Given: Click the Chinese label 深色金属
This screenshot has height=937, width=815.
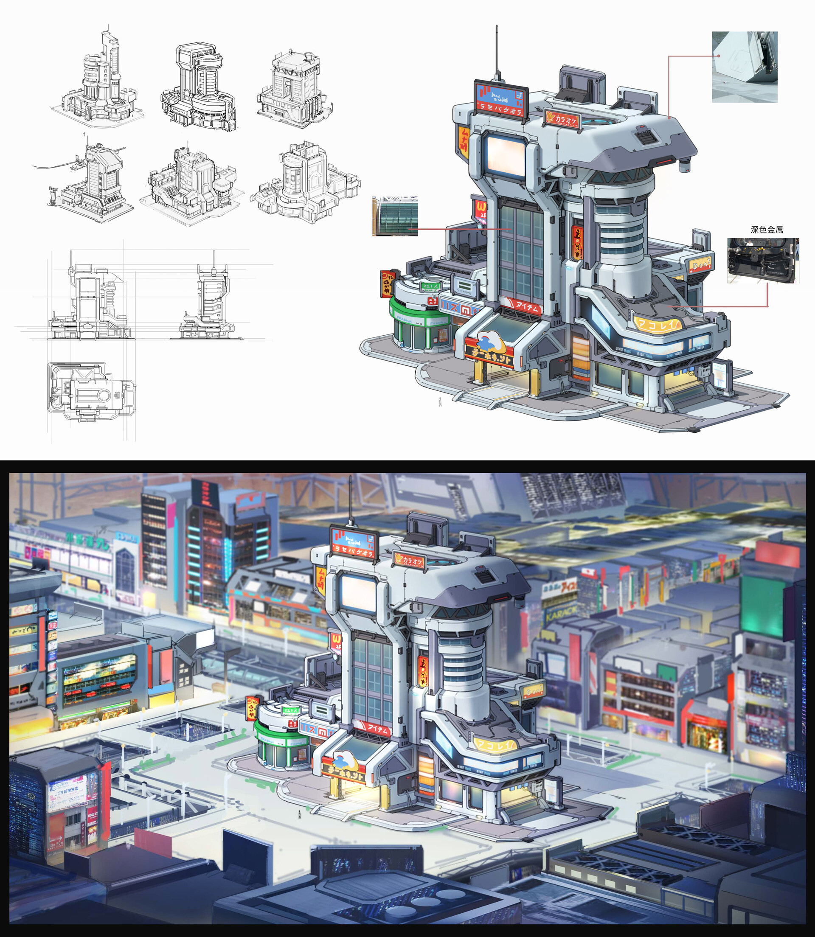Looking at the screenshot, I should [766, 230].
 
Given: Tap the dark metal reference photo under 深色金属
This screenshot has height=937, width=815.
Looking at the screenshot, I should [762, 261].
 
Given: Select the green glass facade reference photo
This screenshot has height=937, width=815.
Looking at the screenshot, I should [395, 216].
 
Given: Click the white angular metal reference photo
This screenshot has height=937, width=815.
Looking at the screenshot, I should [745, 66].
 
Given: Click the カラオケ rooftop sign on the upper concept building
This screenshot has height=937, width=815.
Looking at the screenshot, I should [562, 119].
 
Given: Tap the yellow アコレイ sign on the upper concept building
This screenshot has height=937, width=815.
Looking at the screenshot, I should [657, 324].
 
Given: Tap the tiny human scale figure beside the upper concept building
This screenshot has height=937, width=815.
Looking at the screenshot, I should [440, 402].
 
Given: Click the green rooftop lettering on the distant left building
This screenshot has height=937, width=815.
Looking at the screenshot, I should [89, 542].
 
